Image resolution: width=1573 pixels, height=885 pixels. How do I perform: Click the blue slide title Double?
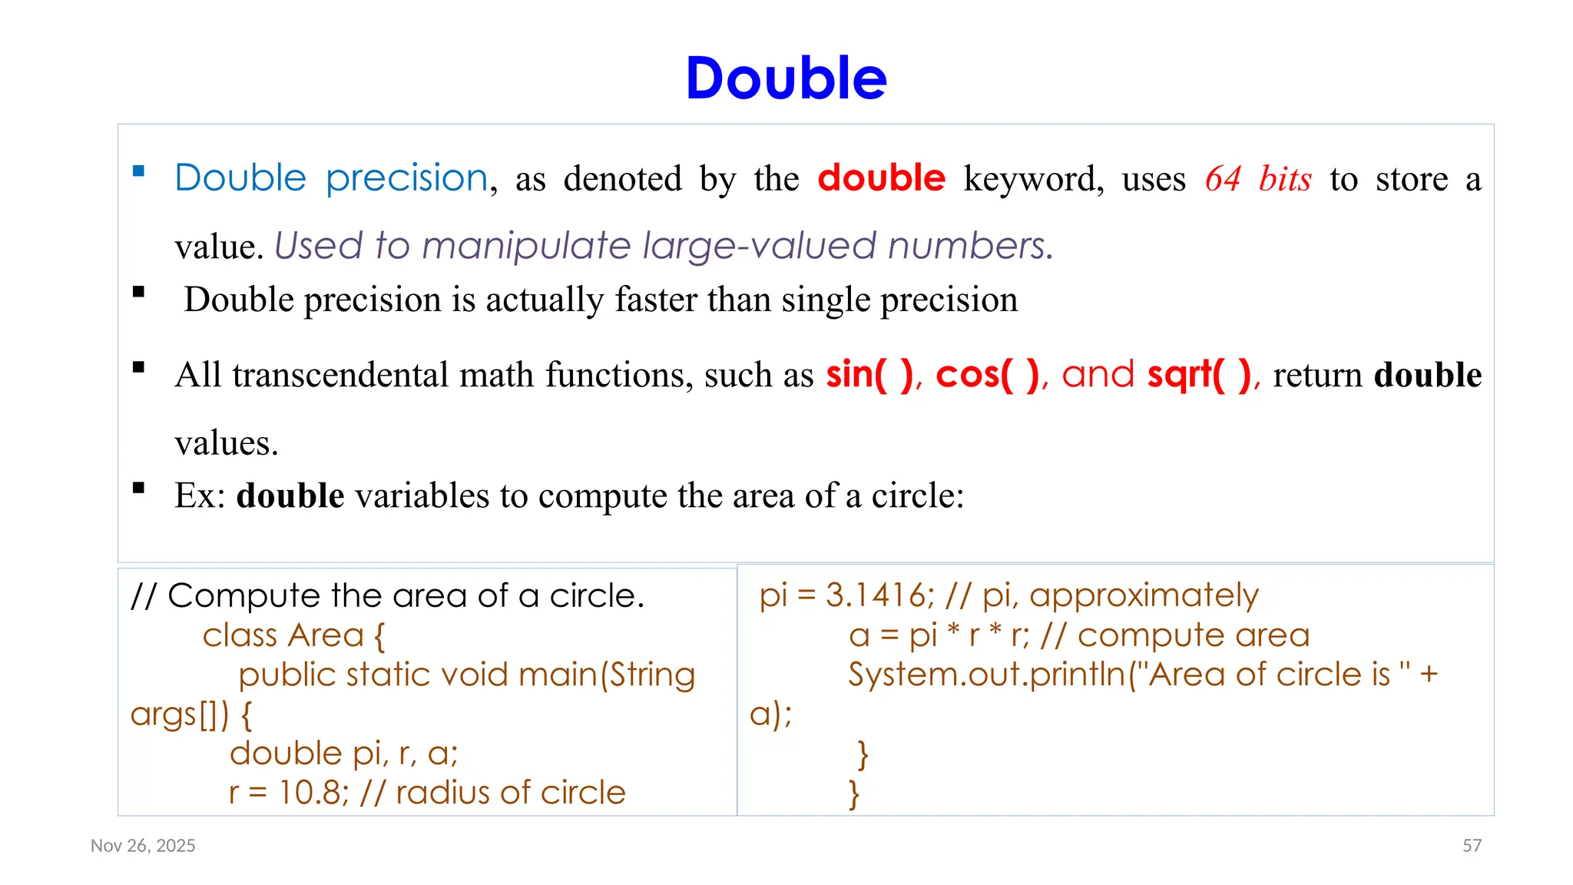point(786,78)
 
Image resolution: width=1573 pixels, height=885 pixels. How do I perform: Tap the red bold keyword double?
point(881,178)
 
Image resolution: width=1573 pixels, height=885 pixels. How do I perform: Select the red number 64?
point(1223,179)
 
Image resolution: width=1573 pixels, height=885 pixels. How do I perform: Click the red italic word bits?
point(1285,179)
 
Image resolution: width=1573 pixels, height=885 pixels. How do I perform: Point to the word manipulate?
point(526,247)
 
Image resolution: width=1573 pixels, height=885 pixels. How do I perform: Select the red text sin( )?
point(869,375)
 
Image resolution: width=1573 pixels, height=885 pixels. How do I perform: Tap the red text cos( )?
point(987,375)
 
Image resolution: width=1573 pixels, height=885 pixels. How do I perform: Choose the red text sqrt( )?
point(1199,375)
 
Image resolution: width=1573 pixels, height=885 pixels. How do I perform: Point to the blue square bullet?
point(139,171)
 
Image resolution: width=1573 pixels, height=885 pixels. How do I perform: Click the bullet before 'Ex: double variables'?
point(139,487)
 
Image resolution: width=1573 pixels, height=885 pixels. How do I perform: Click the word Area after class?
point(326,635)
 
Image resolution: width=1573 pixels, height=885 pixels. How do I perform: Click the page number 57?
point(1472,846)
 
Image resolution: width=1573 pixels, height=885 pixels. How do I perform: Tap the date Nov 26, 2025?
point(143,846)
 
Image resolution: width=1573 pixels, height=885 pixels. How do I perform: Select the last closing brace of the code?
point(853,794)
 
